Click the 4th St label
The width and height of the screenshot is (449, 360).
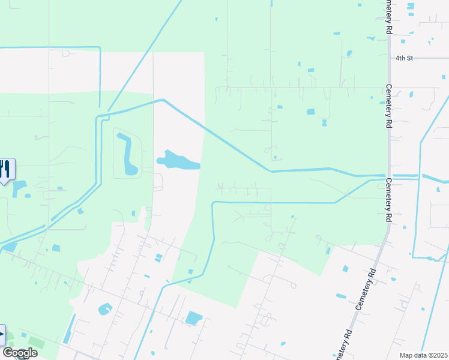[405, 58]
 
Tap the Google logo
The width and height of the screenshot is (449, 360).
[19, 353]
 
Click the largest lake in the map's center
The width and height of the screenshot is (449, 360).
[178, 161]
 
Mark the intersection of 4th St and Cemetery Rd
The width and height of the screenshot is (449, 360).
[388, 58]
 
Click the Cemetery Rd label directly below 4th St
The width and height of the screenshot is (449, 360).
[388, 106]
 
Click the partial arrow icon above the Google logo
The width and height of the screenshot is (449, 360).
[2, 334]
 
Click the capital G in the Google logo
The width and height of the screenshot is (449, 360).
[8, 353]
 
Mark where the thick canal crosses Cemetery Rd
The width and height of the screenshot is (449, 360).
[388, 176]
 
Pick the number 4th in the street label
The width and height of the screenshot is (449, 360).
[400, 58]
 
